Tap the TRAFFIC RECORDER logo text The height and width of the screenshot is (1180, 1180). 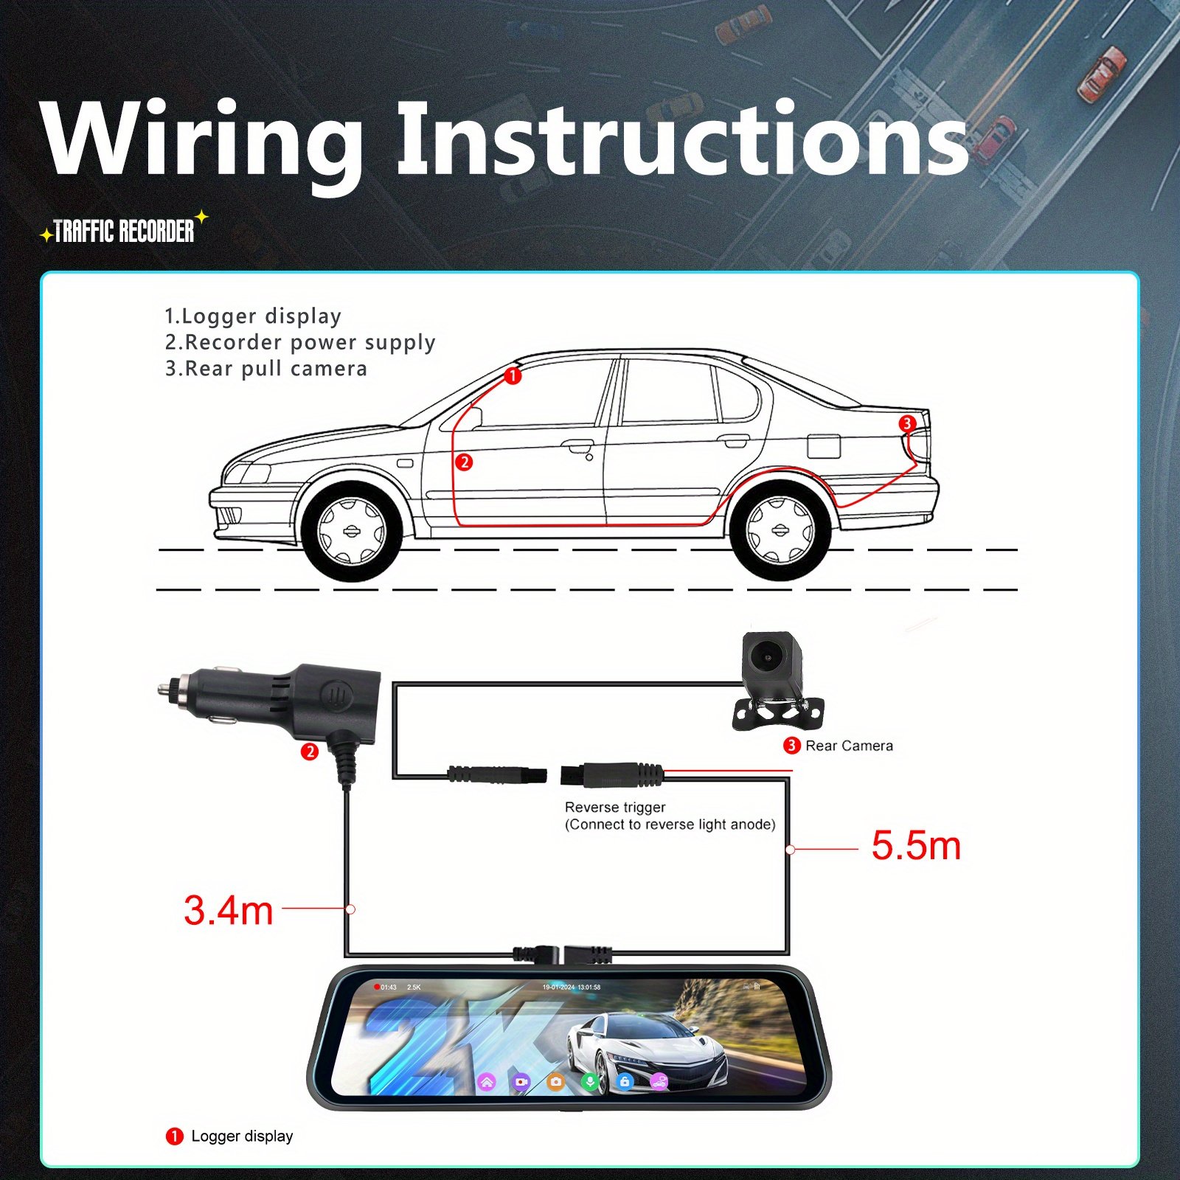tap(124, 231)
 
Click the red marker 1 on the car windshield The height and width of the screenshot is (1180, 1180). tap(513, 376)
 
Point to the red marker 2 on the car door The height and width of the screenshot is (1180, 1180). tap(464, 462)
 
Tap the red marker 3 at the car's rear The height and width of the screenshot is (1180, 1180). tap(907, 423)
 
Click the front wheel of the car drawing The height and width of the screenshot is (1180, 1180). tap(351, 531)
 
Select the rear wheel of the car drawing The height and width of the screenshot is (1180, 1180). tap(780, 530)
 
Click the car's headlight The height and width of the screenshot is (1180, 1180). tap(248, 473)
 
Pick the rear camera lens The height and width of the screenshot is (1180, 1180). tap(768, 655)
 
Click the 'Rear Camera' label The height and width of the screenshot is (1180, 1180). tap(848, 746)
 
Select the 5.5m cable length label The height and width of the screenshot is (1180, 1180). tap(916, 845)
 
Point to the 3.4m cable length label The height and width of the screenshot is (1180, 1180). tap(228, 910)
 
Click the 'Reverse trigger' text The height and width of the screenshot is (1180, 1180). tap(615, 807)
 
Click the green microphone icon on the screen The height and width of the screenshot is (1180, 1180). tap(589, 1081)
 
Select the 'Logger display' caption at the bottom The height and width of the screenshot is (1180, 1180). tap(241, 1136)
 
